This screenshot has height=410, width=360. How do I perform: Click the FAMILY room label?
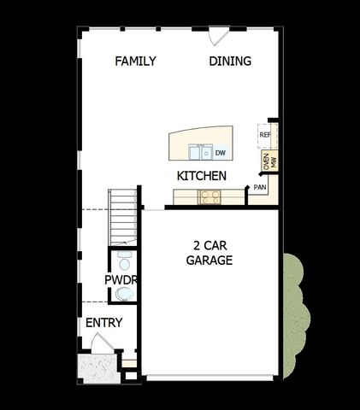pos(135,61)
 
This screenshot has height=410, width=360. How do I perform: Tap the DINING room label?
pos(230,61)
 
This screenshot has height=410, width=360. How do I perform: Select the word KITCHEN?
pos(201,176)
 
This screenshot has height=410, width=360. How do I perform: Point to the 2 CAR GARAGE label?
pos(210,253)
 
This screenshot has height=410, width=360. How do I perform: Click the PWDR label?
pos(121,280)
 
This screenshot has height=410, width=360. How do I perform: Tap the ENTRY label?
pos(103,323)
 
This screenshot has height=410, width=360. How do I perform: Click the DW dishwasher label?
pos(220,154)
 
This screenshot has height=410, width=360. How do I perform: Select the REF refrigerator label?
pos(265,135)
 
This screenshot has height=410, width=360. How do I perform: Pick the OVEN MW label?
pos(269,162)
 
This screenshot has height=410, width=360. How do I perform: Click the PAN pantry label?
pos(260,186)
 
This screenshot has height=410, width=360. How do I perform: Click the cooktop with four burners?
pos(210,197)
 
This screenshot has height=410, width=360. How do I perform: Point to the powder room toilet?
pos(125,295)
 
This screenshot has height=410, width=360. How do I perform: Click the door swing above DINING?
pos(219,35)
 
